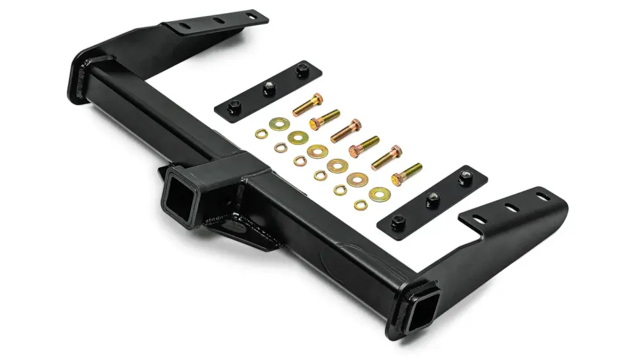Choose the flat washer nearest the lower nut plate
(379, 193)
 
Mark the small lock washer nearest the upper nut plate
(262, 133)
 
